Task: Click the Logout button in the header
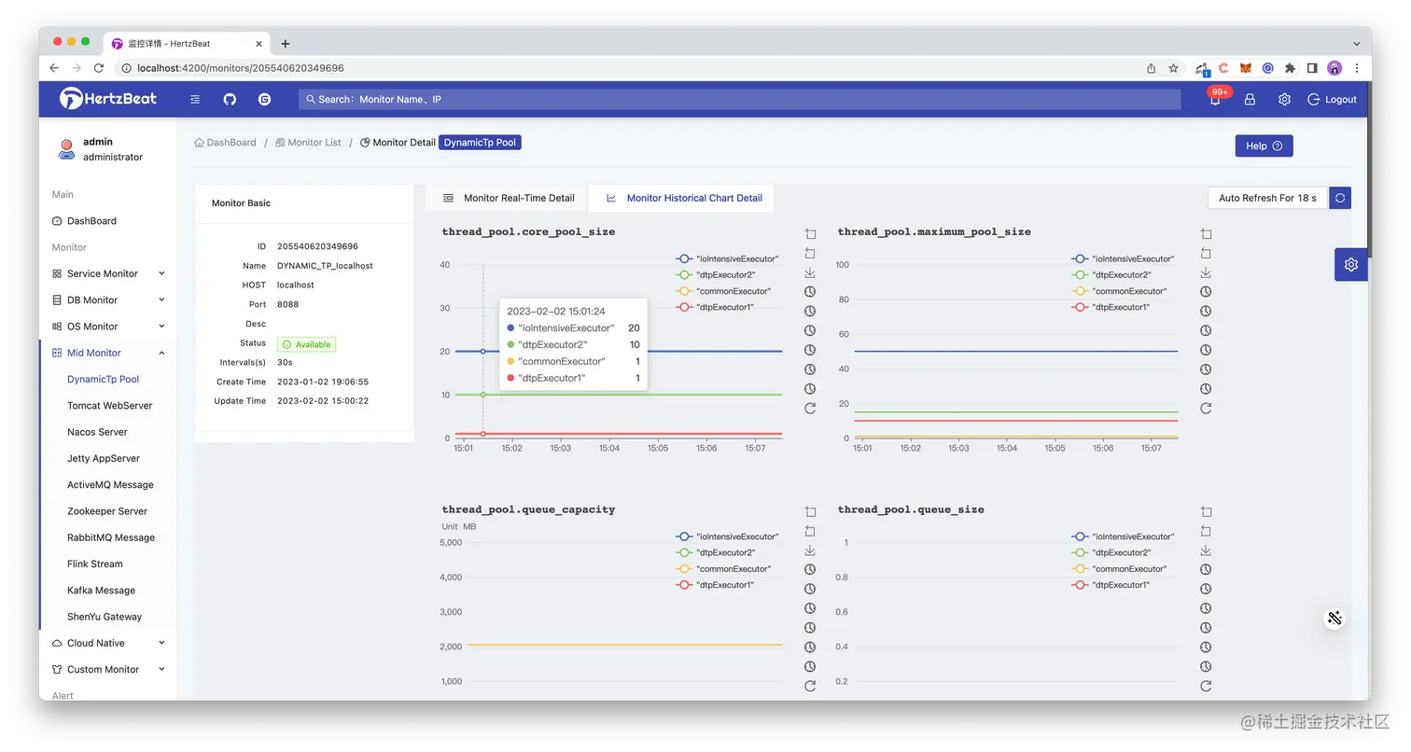(1332, 100)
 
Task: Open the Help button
(1264, 146)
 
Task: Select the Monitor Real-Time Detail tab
(509, 198)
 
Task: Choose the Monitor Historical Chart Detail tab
(684, 198)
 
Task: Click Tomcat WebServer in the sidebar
(110, 406)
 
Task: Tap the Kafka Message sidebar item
(101, 591)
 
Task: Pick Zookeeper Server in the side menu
(107, 511)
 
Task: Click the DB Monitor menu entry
(92, 300)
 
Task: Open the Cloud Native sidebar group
(95, 644)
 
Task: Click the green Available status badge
(306, 344)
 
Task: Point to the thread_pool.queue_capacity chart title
(528, 509)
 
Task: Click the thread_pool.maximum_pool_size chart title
(934, 231)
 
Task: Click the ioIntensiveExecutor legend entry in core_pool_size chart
(736, 258)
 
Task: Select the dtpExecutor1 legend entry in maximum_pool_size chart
(1121, 307)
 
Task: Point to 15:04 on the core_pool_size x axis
(609, 449)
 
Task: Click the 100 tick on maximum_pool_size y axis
(842, 265)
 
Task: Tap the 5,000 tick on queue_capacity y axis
(451, 543)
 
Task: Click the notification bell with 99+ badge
(1215, 100)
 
